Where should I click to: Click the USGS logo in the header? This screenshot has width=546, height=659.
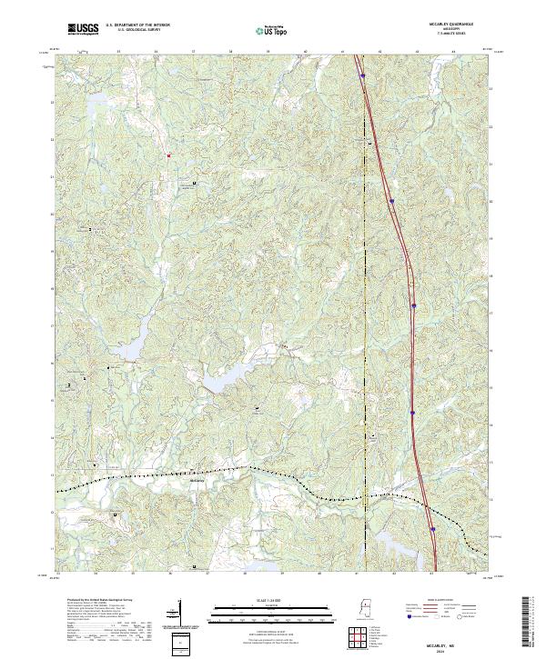pyautogui.click(x=83, y=29)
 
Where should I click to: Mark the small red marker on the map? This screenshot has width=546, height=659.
pyautogui.click(x=168, y=155)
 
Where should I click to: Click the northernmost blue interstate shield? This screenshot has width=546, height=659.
pyautogui.click(x=362, y=76)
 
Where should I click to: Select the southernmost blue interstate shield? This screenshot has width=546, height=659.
pyautogui.click(x=433, y=528)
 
